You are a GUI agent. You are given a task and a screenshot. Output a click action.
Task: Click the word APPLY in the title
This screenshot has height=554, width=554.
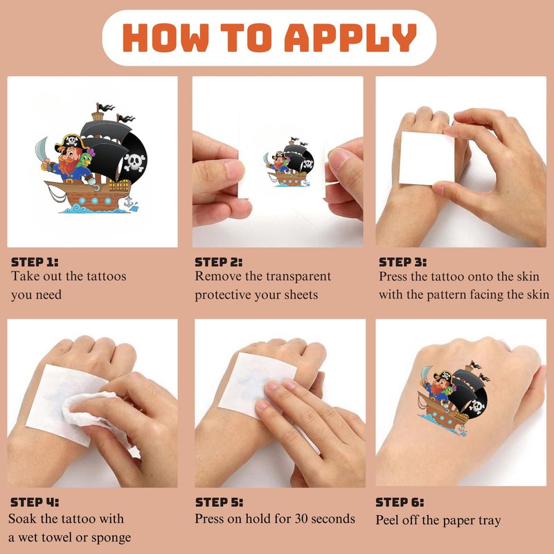(x=350, y=38)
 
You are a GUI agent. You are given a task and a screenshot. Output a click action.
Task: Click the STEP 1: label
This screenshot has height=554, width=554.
(x=35, y=262)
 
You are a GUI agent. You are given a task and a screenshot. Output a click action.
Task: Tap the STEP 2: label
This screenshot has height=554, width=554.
(x=219, y=262)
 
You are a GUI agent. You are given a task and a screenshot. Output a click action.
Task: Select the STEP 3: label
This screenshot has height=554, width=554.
(x=403, y=262)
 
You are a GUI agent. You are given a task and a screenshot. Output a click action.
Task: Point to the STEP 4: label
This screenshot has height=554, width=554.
(x=35, y=502)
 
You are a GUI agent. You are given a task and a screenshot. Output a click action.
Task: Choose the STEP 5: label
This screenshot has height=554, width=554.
(x=219, y=502)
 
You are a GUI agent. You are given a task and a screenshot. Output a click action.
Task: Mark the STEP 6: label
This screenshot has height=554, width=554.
(x=400, y=502)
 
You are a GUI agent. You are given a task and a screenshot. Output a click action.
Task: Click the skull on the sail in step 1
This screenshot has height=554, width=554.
(x=134, y=162)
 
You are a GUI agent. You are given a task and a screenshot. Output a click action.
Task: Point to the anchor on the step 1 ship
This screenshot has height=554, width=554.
(x=129, y=202)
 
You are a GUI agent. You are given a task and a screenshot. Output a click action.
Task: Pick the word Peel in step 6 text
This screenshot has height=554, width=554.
(x=386, y=520)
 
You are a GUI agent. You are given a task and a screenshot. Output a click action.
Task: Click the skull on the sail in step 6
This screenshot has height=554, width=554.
(x=476, y=406)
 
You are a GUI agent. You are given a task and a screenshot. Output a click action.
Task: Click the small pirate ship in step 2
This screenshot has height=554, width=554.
(x=289, y=162)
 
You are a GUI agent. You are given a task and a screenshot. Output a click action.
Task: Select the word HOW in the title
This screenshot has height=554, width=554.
(x=166, y=38)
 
